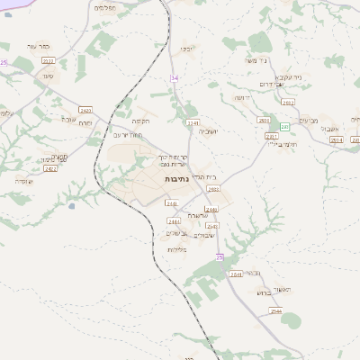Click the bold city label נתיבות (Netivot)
tap(175, 180)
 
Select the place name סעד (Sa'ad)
tap(45, 76)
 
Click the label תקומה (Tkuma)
tap(140, 120)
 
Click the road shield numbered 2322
tap(48, 60)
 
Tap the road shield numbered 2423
tap(85, 110)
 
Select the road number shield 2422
tap(50, 168)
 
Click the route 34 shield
tap(175, 78)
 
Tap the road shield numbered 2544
tap(275, 310)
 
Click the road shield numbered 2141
tap(192, 121)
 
